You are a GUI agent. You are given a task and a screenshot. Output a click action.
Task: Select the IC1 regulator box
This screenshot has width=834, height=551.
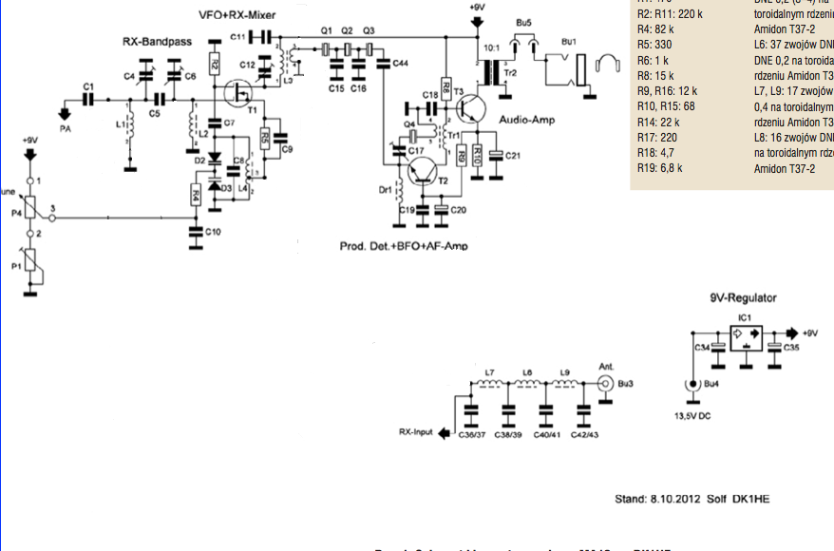(745, 336)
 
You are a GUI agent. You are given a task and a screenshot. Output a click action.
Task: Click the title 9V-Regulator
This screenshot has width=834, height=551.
(743, 297)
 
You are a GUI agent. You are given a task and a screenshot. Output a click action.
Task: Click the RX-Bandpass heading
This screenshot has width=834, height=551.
(159, 43)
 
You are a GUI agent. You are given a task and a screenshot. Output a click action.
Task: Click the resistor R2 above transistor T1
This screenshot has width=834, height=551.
(215, 65)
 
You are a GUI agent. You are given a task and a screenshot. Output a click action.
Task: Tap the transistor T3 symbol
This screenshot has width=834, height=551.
(470, 110)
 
